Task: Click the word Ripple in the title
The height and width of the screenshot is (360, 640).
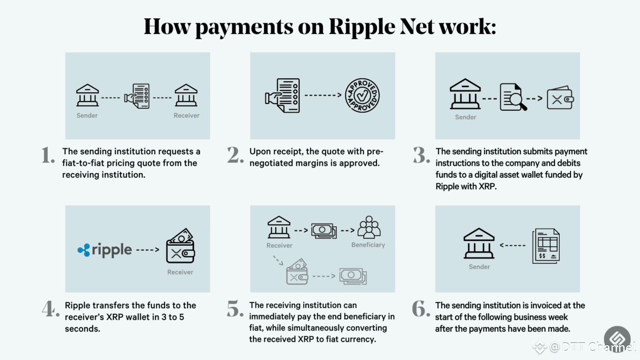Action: pyautogui.click(x=360, y=26)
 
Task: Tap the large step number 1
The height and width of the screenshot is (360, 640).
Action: pyautogui.click(x=48, y=156)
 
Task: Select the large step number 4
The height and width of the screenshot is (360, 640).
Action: pyautogui.click(x=51, y=309)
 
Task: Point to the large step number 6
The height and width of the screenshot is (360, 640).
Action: pyautogui.click(x=421, y=309)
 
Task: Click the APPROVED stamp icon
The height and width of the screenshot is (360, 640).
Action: pyautogui.click(x=362, y=95)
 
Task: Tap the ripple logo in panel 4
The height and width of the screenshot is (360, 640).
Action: pyautogui.click(x=105, y=250)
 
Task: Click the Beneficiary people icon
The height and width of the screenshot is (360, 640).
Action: pyautogui.click(x=368, y=227)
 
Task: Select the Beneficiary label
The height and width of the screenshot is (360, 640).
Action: pyautogui.click(x=368, y=245)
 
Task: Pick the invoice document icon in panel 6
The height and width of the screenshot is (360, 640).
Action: pyautogui.click(x=546, y=246)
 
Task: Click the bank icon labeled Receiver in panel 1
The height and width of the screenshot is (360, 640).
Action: pyautogui.click(x=186, y=95)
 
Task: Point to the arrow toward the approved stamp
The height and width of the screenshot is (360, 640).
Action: pyautogui.click(x=323, y=95)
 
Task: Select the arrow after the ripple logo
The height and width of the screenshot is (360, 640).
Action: pyautogui.click(x=148, y=250)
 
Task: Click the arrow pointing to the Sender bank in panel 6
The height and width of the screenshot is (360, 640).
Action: pyautogui.click(x=513, y=246)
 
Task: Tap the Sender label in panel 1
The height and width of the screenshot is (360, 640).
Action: pyautogui.click(x=87, y=115)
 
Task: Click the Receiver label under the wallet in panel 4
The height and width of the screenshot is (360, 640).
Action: pyautogui.click(x=180, y=272)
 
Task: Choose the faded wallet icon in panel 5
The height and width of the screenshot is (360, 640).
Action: pyautogui.click(x=297, y=272)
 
